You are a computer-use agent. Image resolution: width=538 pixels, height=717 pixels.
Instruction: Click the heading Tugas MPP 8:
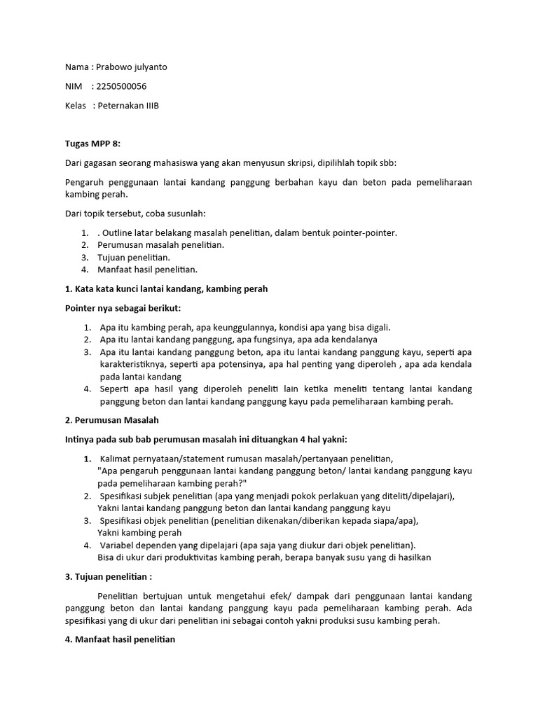[92, 144]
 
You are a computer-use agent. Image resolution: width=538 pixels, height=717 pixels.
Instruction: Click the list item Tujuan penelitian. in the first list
[135, 257]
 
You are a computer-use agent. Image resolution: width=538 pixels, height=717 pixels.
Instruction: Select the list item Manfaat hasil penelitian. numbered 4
[149, 269]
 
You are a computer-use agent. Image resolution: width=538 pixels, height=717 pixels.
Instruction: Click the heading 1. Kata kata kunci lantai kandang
[166, 288]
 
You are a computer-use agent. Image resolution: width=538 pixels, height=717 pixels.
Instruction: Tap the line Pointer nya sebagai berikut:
[123, 307]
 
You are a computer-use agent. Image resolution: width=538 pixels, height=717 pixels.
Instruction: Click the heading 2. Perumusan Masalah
[112, 420]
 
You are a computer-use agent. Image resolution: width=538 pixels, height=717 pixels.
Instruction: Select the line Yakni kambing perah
[139, 532]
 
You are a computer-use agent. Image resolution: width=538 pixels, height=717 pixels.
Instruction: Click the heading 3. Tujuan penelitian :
[109, 577]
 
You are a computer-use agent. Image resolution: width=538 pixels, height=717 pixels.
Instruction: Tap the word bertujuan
[163, 596]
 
